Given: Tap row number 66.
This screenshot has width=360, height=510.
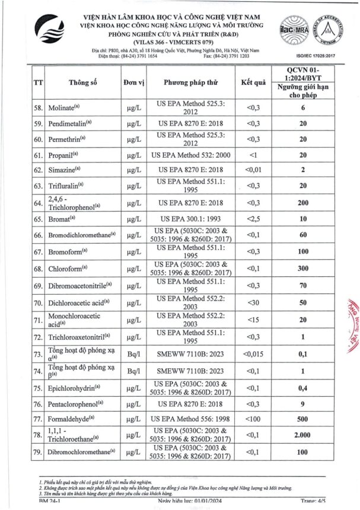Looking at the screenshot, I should coord(39,235).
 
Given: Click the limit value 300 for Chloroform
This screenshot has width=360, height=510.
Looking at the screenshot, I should coord(302,269).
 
